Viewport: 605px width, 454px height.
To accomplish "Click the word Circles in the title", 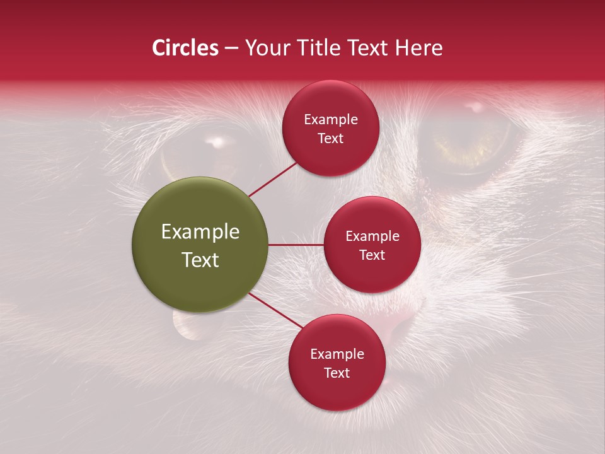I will [x=185, y=48].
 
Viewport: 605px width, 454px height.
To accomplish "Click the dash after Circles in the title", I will [x=231, y=49].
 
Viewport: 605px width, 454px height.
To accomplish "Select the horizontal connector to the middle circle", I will [x=296, y=245].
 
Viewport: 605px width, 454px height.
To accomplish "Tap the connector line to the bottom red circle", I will [x=275, y=311].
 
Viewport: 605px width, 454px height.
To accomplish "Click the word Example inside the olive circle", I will [x=200, y=232].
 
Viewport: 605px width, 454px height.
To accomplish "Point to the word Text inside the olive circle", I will [x=200, y=260].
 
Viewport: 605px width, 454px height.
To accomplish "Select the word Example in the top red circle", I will [x=331, y=120].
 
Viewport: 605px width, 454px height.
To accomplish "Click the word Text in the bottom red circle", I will [x=337, y=373].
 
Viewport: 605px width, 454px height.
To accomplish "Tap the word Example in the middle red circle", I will [x=372, y=236].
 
